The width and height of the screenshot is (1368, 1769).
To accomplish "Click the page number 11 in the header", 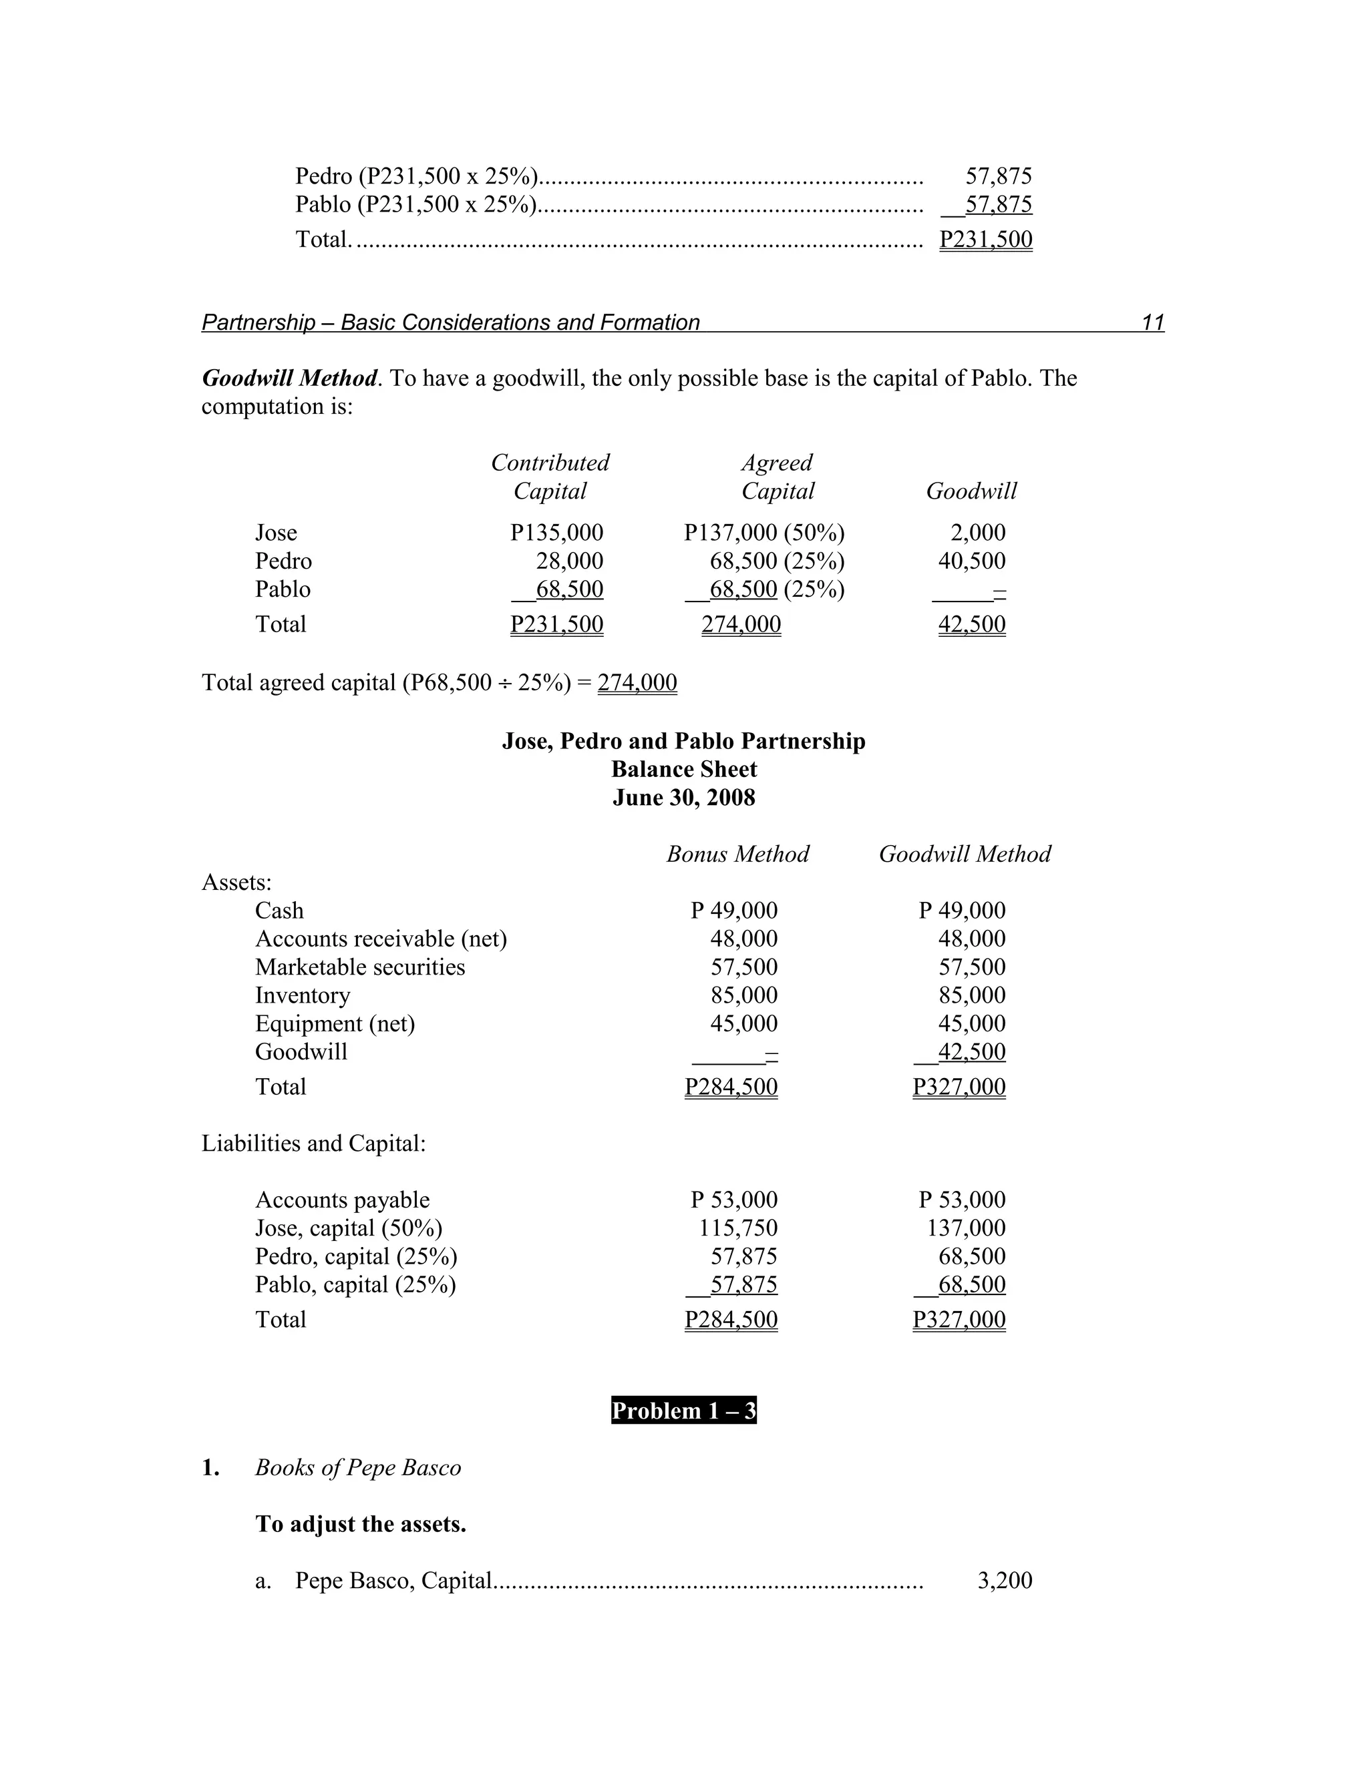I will click(1152, 322).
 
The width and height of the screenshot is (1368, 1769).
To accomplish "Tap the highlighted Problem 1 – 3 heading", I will click(683, 1410).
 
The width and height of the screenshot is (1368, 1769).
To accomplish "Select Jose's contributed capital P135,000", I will click(557, 532).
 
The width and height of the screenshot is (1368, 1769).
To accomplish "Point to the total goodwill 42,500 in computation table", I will click(972, 623).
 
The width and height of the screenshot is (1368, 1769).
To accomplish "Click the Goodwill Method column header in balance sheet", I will click(965, 854).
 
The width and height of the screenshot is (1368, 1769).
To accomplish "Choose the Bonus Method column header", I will click(737, 854).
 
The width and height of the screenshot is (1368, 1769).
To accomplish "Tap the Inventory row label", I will click(303, 995).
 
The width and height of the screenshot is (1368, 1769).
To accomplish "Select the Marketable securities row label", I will click(360, 967).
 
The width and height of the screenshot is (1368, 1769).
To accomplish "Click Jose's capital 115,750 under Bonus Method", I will click(738, 1227).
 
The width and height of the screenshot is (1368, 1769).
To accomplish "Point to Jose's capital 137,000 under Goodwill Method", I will click(966, 1227).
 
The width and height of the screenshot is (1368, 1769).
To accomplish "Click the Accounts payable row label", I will click(342, 1199).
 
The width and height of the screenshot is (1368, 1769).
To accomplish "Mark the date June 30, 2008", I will click(683, 798).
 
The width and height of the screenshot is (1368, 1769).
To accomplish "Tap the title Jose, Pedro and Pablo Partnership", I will click(683, 741).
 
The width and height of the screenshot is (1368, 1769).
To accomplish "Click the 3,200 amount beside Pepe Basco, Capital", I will click(1005, 1579).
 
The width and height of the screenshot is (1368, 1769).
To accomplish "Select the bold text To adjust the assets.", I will click(361, 1523).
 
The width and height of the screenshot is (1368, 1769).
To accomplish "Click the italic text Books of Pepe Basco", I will click(357, 1467).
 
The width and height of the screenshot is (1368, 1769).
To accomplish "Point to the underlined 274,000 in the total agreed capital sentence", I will click(637, 682).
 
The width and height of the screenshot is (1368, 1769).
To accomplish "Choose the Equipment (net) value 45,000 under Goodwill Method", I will click(972, 1023).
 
